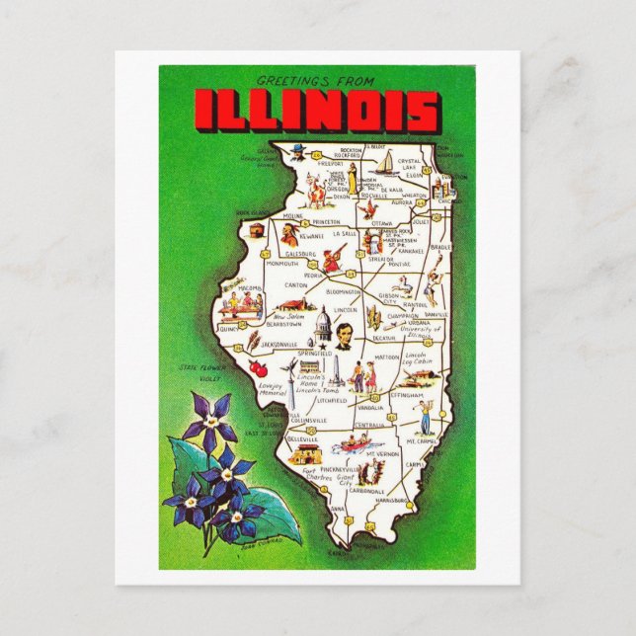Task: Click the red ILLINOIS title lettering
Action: tap(316, 111)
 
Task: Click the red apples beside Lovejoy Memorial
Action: tap(261, 368)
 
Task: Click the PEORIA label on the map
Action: tap(313, 278)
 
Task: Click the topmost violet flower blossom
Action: tap(209, 416)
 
